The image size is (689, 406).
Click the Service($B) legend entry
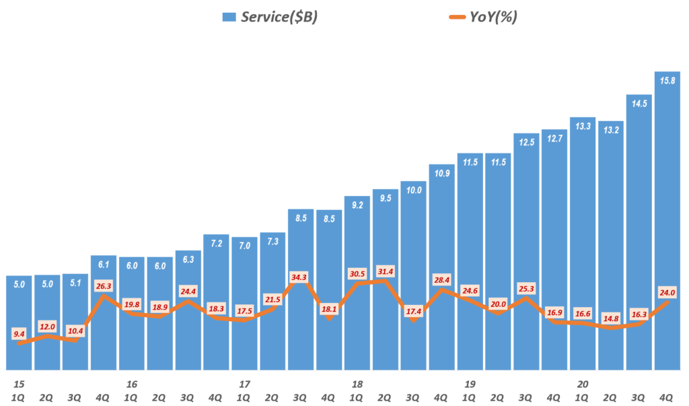[269, 17]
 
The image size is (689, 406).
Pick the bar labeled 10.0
[414, 276]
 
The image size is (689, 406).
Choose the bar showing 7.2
[217, 303]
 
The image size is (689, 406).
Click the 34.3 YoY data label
[301, 277]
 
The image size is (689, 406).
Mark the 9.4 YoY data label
[20, 333]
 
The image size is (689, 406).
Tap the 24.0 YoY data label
[667, 293]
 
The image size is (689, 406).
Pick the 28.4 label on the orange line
[442, 279]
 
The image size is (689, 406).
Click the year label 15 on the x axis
[19, 384]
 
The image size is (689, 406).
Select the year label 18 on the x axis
[357, 384]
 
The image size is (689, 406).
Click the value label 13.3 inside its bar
[583, 126]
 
